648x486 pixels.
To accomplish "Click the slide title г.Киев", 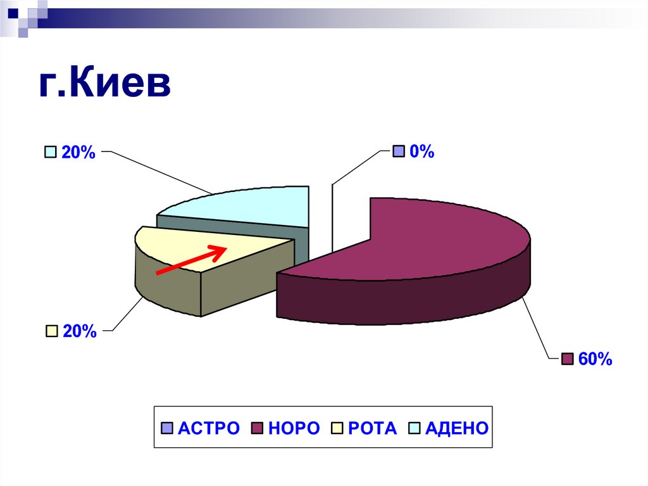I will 105,85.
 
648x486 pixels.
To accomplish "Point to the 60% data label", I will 595,359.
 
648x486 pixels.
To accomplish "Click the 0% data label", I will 421,151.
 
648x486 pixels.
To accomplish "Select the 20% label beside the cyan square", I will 78,152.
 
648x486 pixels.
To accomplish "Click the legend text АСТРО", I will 209,428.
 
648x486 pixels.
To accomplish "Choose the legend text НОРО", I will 294,428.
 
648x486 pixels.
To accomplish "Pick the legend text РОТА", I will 373,428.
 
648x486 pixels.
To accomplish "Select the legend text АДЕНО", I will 457,428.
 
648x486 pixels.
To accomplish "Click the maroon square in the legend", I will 258,429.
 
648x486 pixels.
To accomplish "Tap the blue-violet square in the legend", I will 167,429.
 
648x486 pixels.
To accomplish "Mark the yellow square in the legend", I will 337,429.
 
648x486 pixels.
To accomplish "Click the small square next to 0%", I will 398,151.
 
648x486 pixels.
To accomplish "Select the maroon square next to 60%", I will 567,359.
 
